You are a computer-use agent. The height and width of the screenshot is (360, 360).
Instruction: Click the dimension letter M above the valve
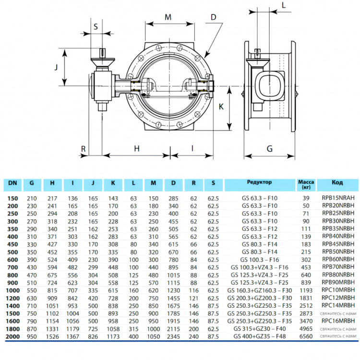(168, 17)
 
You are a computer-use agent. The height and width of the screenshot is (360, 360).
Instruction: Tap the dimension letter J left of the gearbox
(56, 67)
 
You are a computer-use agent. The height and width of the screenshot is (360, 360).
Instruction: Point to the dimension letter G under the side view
(270, 149)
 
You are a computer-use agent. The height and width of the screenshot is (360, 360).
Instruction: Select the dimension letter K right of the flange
(221, 107)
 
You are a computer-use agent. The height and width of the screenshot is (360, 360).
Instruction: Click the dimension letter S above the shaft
(96, 26)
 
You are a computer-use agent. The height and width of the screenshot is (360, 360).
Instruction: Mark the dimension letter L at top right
(284, 5)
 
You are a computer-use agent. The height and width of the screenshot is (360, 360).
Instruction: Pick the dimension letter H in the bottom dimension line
(137, 148)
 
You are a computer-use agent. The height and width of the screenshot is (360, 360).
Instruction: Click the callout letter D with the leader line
(214, 17)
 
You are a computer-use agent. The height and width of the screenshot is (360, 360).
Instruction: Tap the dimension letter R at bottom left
(84, 149)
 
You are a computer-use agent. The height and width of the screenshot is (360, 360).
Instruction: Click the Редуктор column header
(259, 182)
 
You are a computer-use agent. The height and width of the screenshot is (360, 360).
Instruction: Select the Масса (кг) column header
(306, 185)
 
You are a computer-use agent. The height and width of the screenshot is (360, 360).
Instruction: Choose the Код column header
(337, 182)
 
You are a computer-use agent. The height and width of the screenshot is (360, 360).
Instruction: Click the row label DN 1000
(12, 290)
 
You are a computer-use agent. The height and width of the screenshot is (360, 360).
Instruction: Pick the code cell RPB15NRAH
(338, 198)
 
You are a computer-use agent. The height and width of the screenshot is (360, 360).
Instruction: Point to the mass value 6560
(306, 336)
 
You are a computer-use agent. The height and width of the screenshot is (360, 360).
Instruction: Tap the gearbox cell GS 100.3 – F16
(259, 260)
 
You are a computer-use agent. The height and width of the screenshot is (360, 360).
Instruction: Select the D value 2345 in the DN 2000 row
(173, 336)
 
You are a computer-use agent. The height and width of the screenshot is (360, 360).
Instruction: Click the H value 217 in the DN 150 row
(52, 198)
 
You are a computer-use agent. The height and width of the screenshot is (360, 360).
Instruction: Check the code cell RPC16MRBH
(338, 321)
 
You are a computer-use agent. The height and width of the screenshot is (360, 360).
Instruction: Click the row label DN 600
(12, 260)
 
